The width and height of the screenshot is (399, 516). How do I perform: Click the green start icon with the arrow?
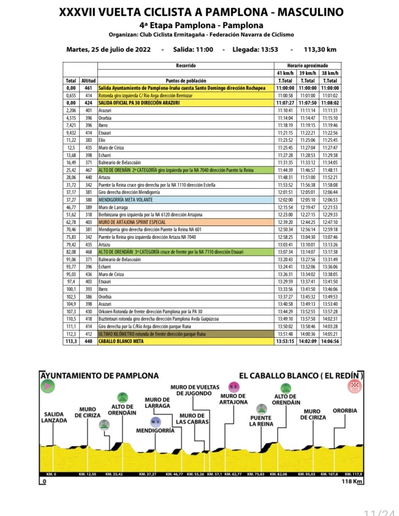coord(47,386)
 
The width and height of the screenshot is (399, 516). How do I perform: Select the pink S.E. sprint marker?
coord(234,387)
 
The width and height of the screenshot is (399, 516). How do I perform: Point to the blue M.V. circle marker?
coord(155,421)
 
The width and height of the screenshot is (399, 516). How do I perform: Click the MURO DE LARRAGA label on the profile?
coord(157,403)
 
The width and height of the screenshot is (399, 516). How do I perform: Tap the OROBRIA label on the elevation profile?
coord(345,411)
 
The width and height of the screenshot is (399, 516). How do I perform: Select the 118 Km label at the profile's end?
coord(352,482)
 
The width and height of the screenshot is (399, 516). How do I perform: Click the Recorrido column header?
coord(185,66)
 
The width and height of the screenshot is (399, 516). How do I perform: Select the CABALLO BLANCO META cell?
coord(121,341)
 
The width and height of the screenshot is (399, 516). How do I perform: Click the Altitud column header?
coord(89,81)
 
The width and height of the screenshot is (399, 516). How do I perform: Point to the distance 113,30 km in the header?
coord(318,49)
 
